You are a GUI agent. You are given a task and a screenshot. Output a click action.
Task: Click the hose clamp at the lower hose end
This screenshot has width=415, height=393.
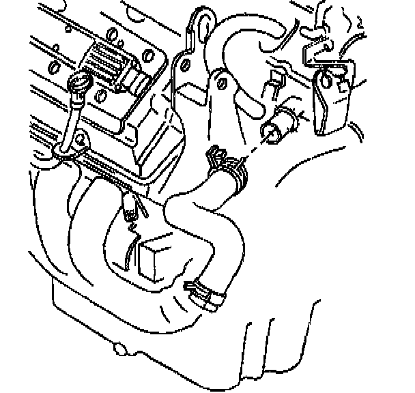205,291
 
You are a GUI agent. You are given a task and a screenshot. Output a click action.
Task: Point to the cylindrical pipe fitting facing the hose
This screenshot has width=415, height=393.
280,127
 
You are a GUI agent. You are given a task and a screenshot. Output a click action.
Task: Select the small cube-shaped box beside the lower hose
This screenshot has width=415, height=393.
156,257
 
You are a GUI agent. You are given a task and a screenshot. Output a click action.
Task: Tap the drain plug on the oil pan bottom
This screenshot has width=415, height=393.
120,350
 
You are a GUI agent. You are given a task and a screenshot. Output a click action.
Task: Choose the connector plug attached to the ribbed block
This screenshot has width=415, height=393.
139,84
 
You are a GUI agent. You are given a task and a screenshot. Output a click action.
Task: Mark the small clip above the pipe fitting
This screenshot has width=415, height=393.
276,81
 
